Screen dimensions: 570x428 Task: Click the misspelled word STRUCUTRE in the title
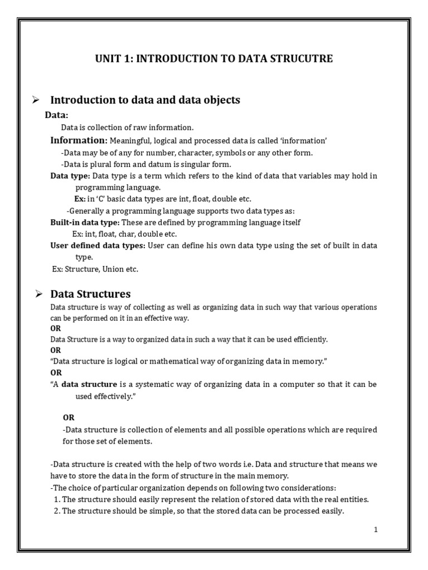tap(301, 59)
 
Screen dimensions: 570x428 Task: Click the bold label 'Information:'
tap(79, 140)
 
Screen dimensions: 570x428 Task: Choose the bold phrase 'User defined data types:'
tap(98, 246)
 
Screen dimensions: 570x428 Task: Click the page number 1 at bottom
tap(376, 530)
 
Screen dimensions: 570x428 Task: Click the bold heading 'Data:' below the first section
tap(56, 115)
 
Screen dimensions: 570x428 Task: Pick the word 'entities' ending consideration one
tap(354, 499)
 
